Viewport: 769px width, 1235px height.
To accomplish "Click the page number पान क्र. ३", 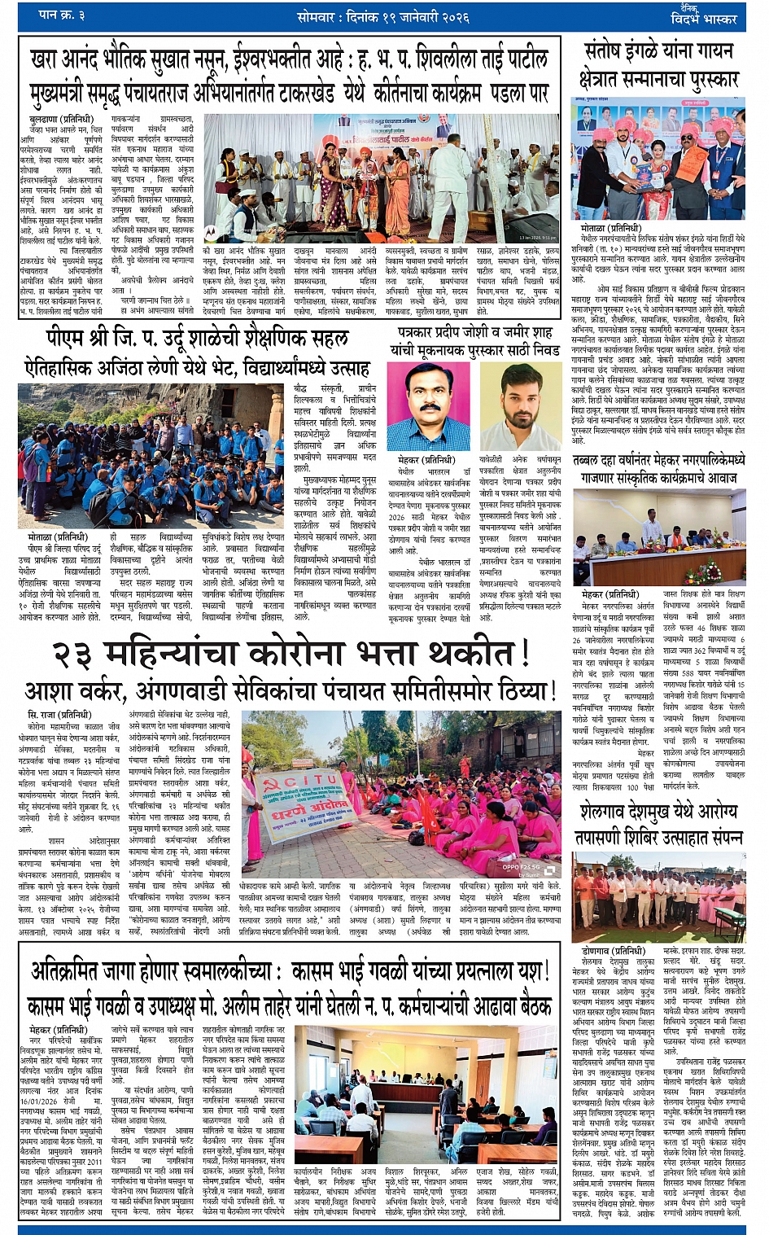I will coord(64,15).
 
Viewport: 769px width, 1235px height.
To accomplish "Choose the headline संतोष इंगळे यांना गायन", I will coord(659,52).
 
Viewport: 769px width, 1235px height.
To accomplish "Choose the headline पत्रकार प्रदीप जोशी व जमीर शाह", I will coord(475,340).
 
